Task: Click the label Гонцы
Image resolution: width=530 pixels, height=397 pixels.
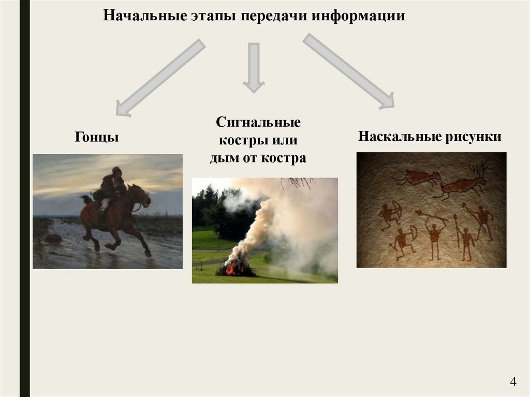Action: pyautogui.click(x=97, y=137)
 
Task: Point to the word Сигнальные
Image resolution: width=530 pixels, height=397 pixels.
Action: pyautogui.click(x=258, y=123)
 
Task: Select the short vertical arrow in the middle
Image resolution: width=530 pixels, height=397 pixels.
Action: pyautogui.click(x=254, y=67)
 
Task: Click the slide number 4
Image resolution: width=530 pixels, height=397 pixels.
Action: pyautogui.click(x=513, y=382)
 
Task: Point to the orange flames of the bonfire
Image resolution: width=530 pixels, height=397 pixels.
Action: pyautogui.click(x=236, y=268)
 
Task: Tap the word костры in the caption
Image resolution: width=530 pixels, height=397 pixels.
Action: pyautogui.click(x=239, y=140)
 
